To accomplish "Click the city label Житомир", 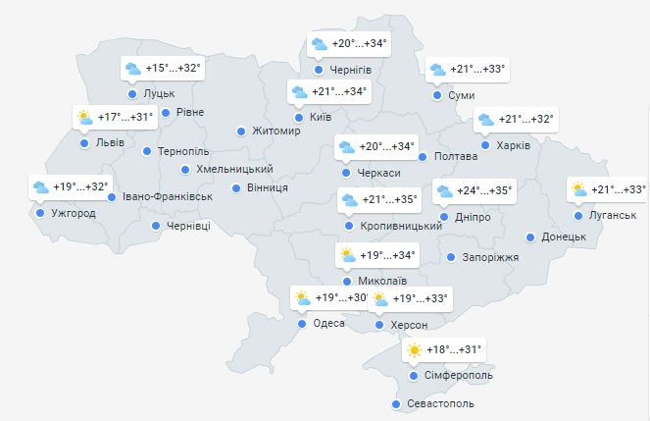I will pyautogui.click(x=276, y=132).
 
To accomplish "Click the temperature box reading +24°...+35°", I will pyautogui.click(x=474, y=191).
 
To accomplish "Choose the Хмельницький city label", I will pyautogui.click(x=234, y=169).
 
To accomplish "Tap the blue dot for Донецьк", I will pyautogui.click(x=531, y=237).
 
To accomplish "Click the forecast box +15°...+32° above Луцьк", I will pyautogui.click(x=162, y=69).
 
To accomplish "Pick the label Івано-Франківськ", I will pyautogui.click(x=168, y=196).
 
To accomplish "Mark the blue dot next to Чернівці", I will pyautogui.click(x=157, y=226).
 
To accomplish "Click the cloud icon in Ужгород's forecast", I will pyautogui.click(x=40, y=186).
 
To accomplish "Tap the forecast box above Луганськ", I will pyautogui.click(x=608, y=189).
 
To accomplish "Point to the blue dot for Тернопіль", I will pyautogui.click(x=147, y=151).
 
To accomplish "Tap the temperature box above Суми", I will pyautogui.click(x=467, y=69).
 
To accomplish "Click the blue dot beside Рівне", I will pyautogui.click(x=166, y=112).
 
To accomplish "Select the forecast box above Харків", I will pyautogui.click(x=516, y=120).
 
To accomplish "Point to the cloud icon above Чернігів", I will pyautogui.click(x=319, y=44).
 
